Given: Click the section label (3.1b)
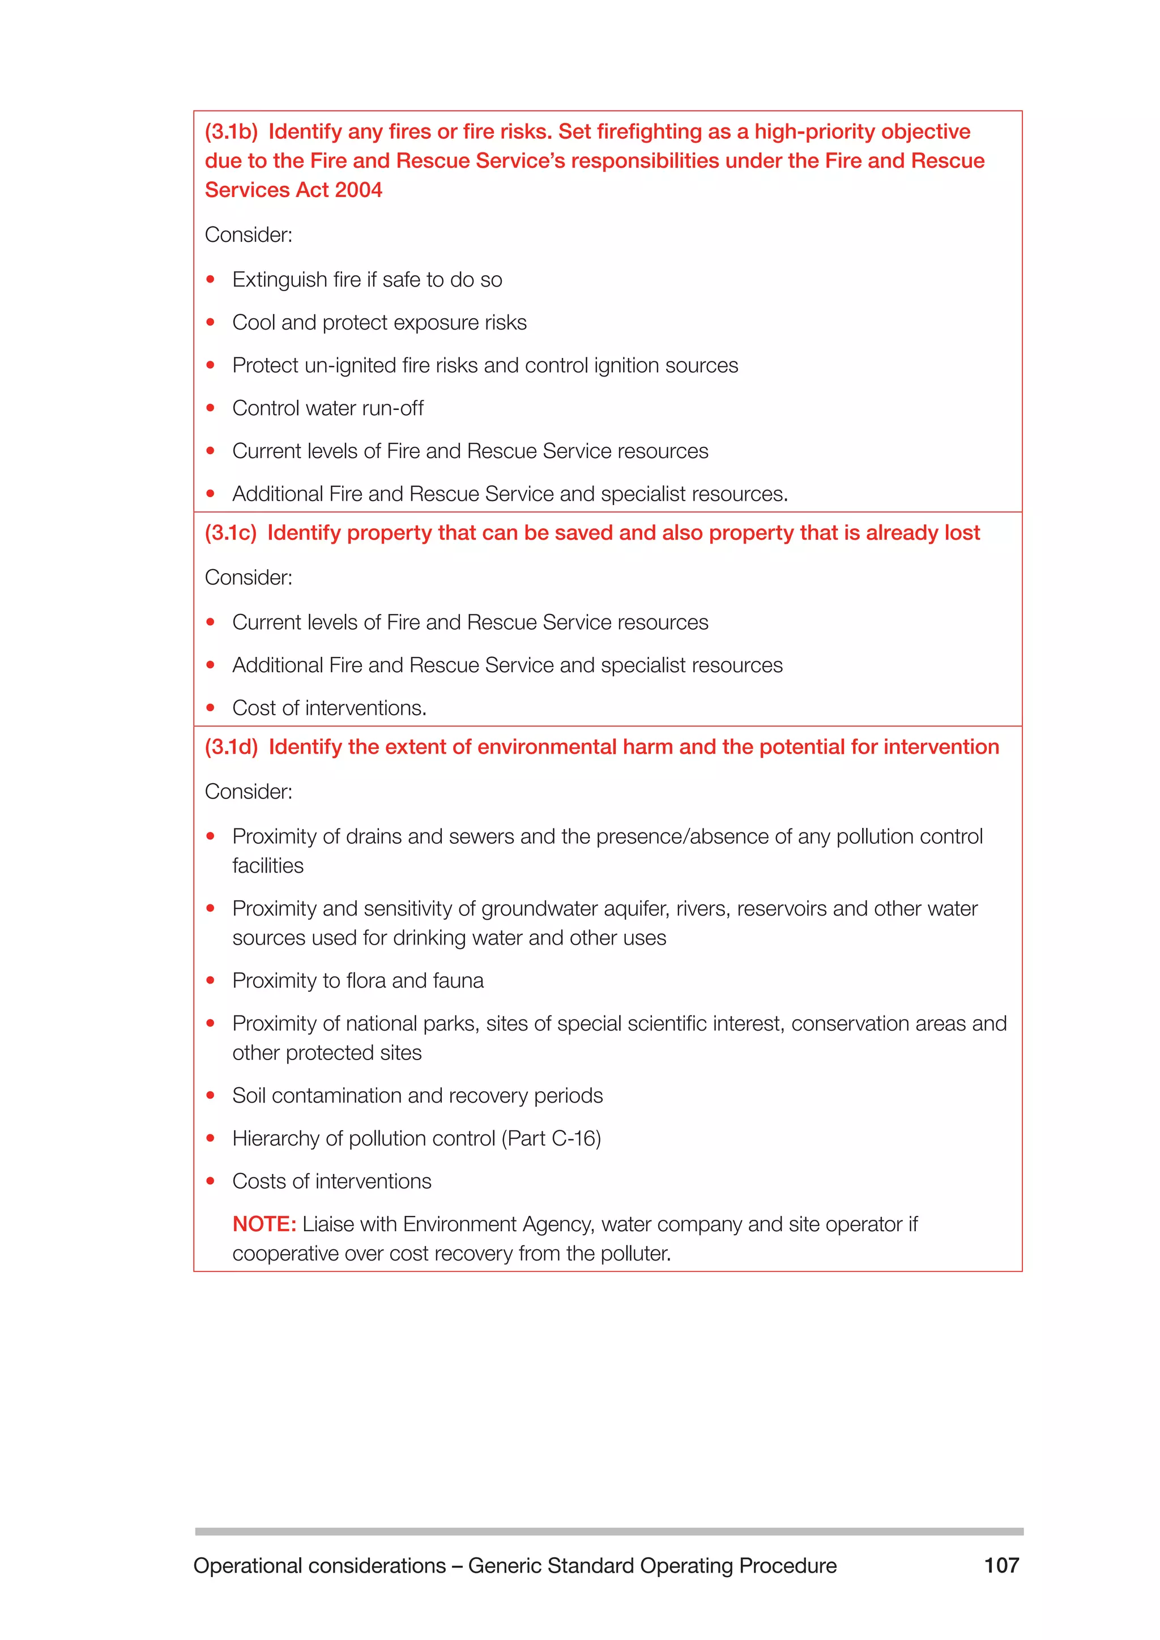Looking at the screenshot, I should coord(231,132).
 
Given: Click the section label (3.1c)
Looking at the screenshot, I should coord(230,533).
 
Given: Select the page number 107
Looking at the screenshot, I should coord(1001,1565).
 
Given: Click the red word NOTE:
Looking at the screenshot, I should coord(263,1224).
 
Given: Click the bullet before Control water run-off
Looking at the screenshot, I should coord(211,408).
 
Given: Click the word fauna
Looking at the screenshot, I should coord(458,981).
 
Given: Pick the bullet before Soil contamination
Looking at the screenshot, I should coord(211,1095).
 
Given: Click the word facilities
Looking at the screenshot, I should coord(268,866).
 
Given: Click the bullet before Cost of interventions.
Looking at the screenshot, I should coord(211,708).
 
